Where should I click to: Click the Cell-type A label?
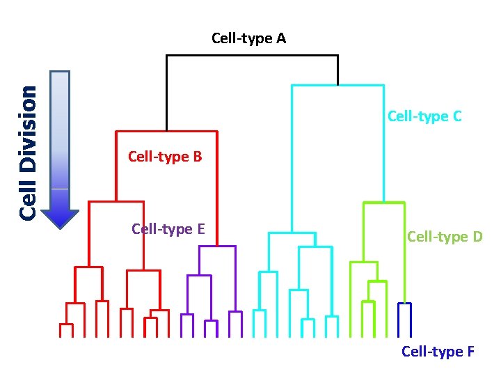(248, 38)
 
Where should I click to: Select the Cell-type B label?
(165, 157)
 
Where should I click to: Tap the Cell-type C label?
(424, 116)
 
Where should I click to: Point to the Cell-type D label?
(445, 237)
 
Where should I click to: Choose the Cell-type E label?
(168, 228)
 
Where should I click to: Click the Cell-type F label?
(438, 352)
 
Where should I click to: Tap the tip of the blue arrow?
(61, 226)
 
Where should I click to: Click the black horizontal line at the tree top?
(252, 56)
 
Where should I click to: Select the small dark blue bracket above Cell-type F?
(404, 304)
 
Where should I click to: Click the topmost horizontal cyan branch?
(337, 86)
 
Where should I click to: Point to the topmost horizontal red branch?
(166, 131)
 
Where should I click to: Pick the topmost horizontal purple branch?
(218, 246)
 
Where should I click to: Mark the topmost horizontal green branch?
(383, 203)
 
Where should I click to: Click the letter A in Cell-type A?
(280, 38)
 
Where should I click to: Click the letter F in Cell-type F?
(470, 352)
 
